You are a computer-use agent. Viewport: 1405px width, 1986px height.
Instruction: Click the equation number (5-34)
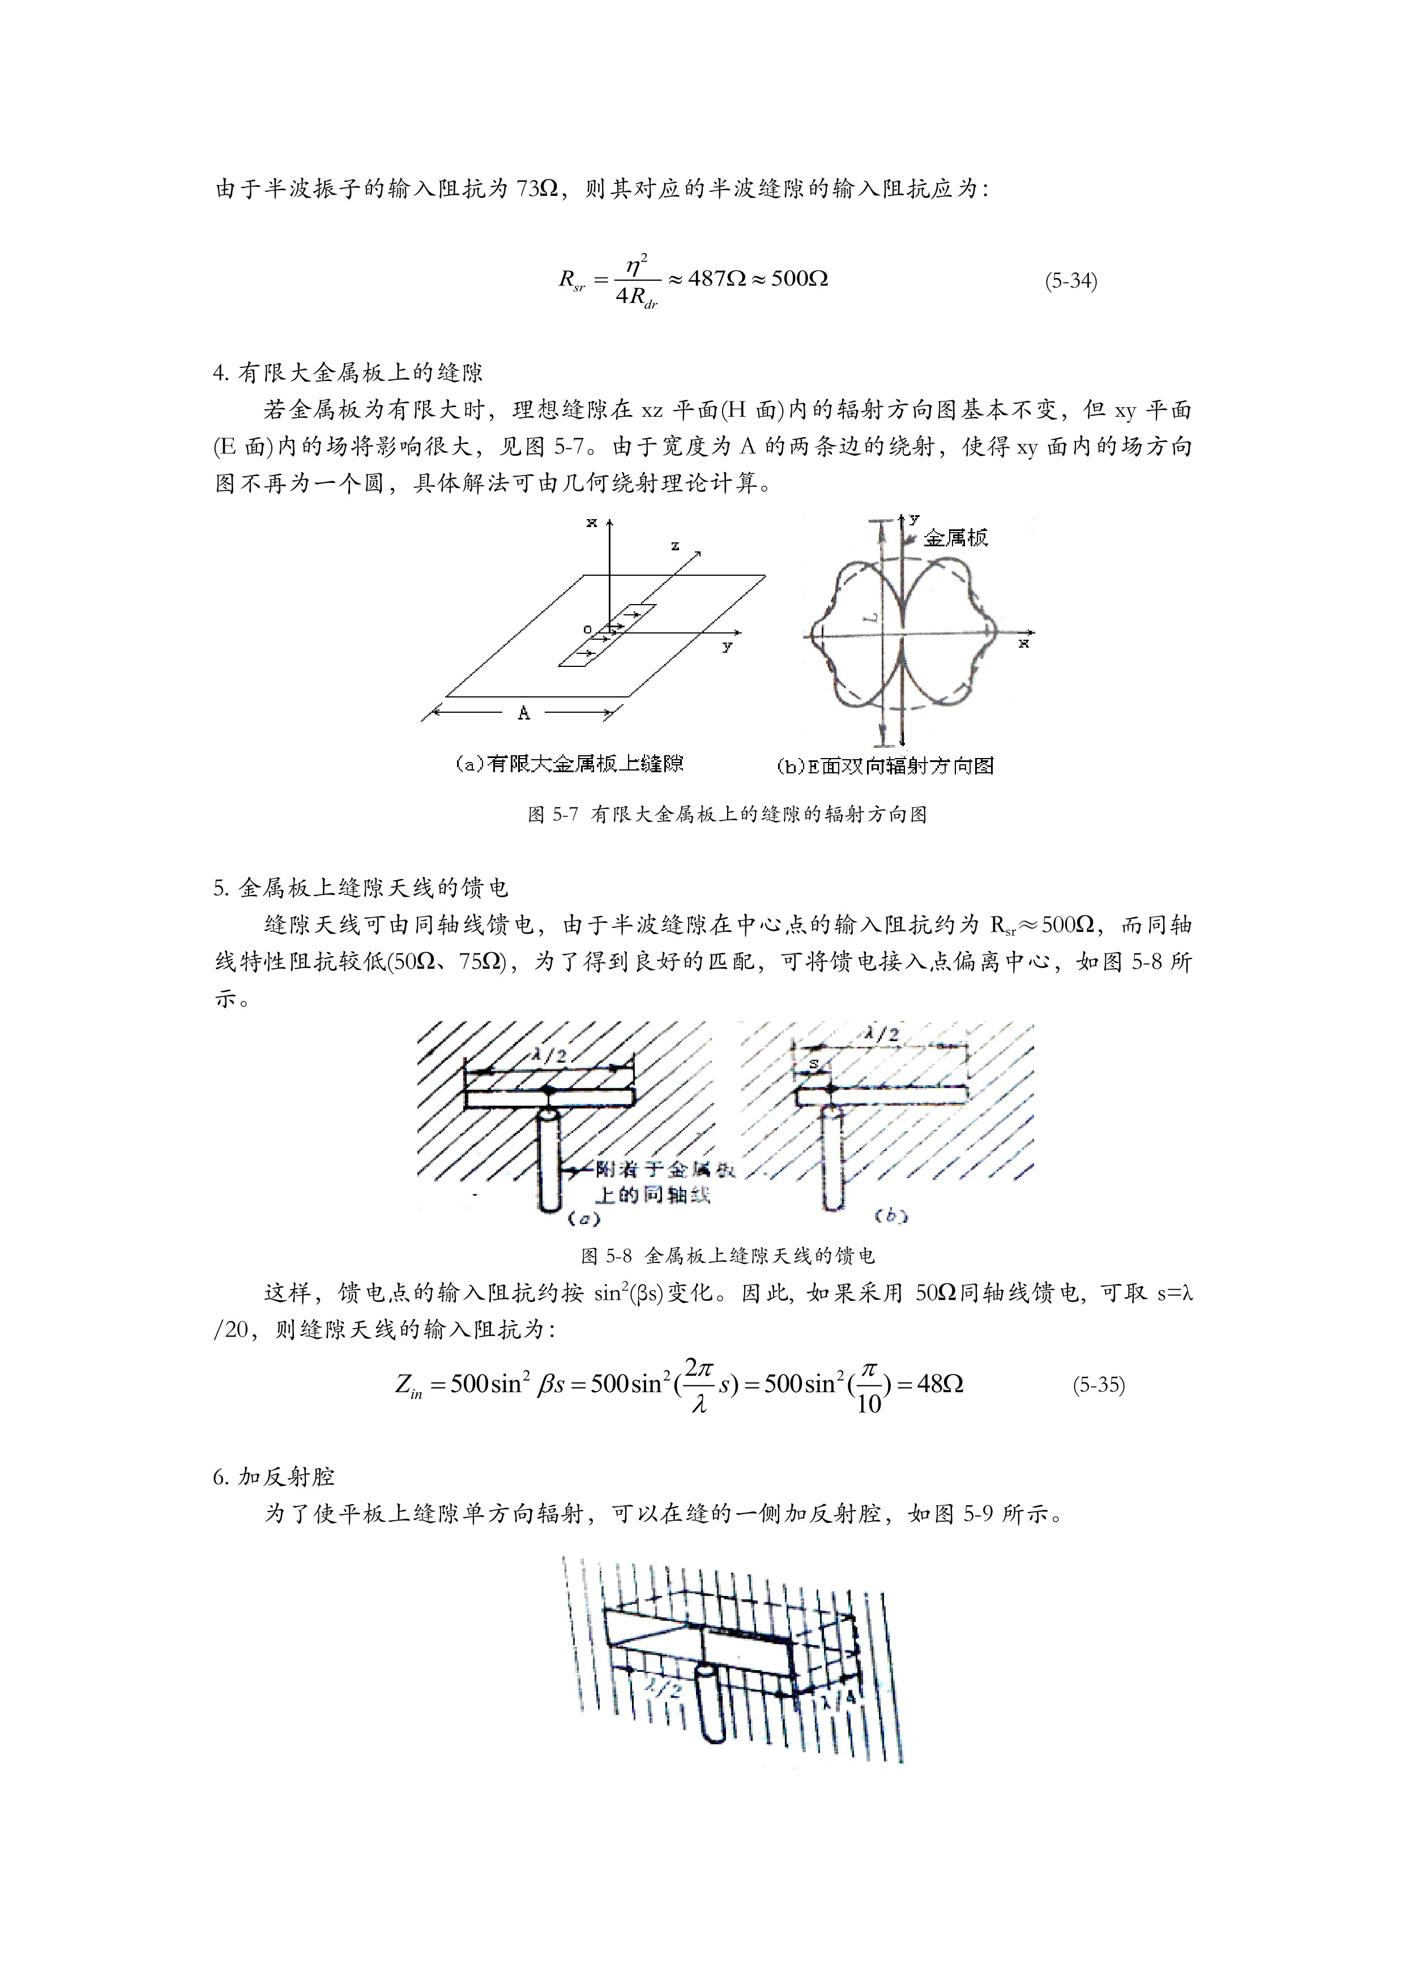[x=1070, y=281]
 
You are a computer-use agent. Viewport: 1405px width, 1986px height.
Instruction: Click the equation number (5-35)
[x=1098, y=1385]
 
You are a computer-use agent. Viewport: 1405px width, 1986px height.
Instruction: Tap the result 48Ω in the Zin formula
[x=939, y=1384]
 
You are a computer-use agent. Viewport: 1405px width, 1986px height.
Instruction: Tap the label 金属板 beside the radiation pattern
[x=955, y=538]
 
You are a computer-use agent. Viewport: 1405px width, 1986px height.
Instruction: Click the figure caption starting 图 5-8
[x=728, y=1255]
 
